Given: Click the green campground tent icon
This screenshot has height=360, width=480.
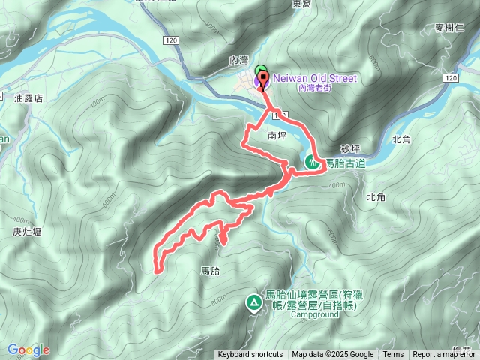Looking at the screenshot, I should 253,302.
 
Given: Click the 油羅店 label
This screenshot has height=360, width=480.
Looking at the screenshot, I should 28,98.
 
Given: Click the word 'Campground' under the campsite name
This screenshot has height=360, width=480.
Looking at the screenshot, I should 312,315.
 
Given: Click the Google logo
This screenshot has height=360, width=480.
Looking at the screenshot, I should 28,349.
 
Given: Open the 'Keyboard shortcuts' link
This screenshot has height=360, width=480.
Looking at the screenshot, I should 250,355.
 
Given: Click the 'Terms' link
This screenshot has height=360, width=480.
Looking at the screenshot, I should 393,355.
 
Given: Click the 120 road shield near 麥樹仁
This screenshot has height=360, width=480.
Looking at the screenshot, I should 449,78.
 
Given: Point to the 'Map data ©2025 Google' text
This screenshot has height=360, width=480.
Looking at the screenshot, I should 332,355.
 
